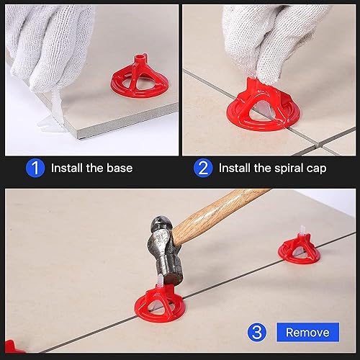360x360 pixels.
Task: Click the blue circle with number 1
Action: coord(35,168)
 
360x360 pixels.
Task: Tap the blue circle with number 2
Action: coord(203,168)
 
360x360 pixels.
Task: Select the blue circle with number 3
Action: coord(257,333)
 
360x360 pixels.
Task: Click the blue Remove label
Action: coord(308,332)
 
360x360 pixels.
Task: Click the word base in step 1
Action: coord(120,168)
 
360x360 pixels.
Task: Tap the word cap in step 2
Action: coord(317,169)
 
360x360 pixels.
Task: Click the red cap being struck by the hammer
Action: coord(160,305)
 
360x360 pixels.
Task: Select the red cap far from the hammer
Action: coord(299,251)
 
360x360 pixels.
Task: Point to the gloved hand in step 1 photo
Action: coord(48,45)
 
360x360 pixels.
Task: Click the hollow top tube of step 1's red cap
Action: coord(140,60)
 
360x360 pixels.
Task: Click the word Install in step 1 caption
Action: coord(66,168)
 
